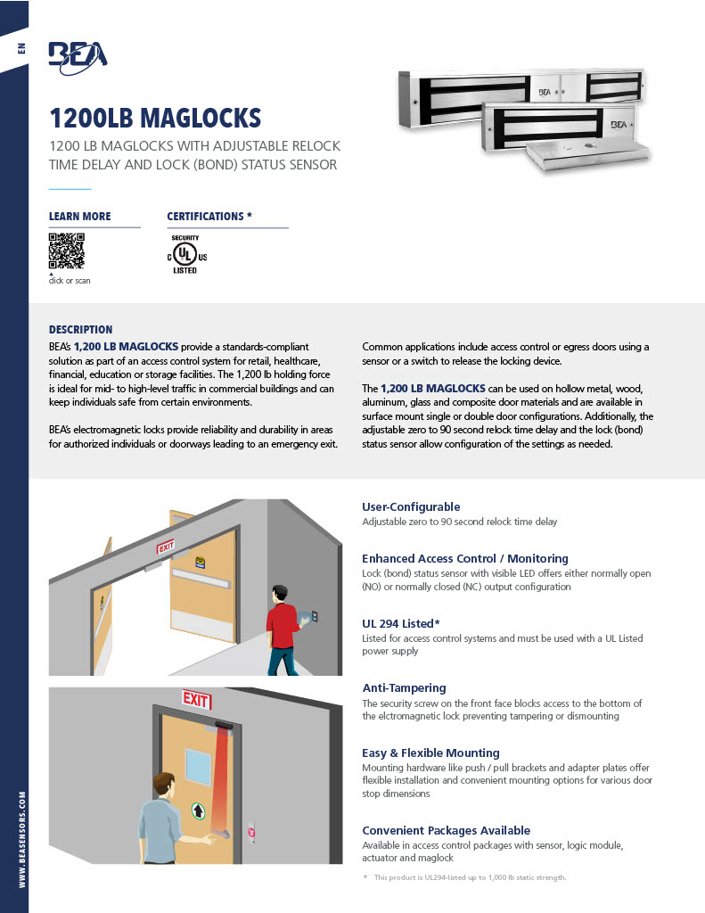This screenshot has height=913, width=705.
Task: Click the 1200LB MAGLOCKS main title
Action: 155,118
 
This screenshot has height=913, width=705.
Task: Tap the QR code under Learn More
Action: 67,251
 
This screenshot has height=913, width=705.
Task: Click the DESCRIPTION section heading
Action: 80,329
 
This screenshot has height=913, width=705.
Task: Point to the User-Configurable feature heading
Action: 411,506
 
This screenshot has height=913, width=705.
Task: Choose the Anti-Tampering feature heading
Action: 404,687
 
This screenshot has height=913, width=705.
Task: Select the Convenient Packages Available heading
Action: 446,830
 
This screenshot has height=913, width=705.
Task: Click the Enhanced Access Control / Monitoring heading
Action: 464,558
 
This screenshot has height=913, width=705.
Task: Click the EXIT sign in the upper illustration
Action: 167,547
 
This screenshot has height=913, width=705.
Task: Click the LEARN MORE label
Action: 80,217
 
